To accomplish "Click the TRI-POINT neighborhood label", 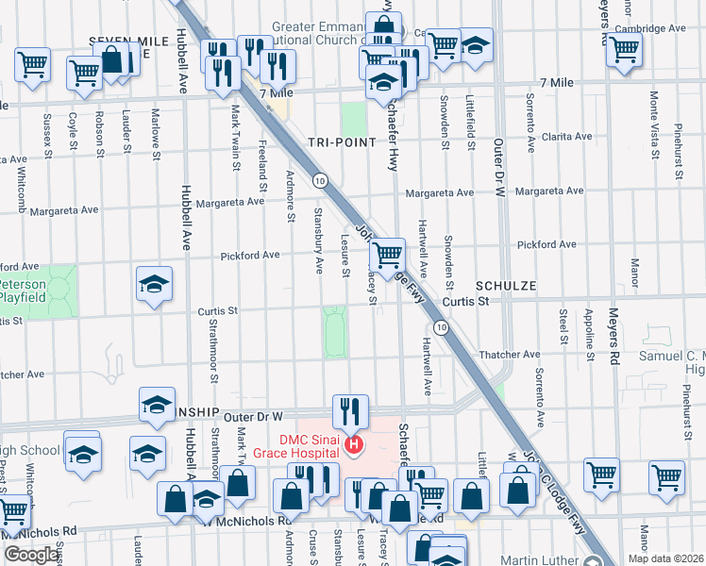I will pyautogui.click(x=341, y=142).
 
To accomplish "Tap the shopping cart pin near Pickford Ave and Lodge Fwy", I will pyautogui.click(x=386, y=255).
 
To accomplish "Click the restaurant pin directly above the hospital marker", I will pyautogui.click(x=348, y=410).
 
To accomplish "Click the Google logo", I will pyautogui.click(x=31, y=555).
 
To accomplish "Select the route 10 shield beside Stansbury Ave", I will pyautogui.click(x=321, y=180).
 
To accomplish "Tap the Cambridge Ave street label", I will pyautogui.click(x=649, y=29).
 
